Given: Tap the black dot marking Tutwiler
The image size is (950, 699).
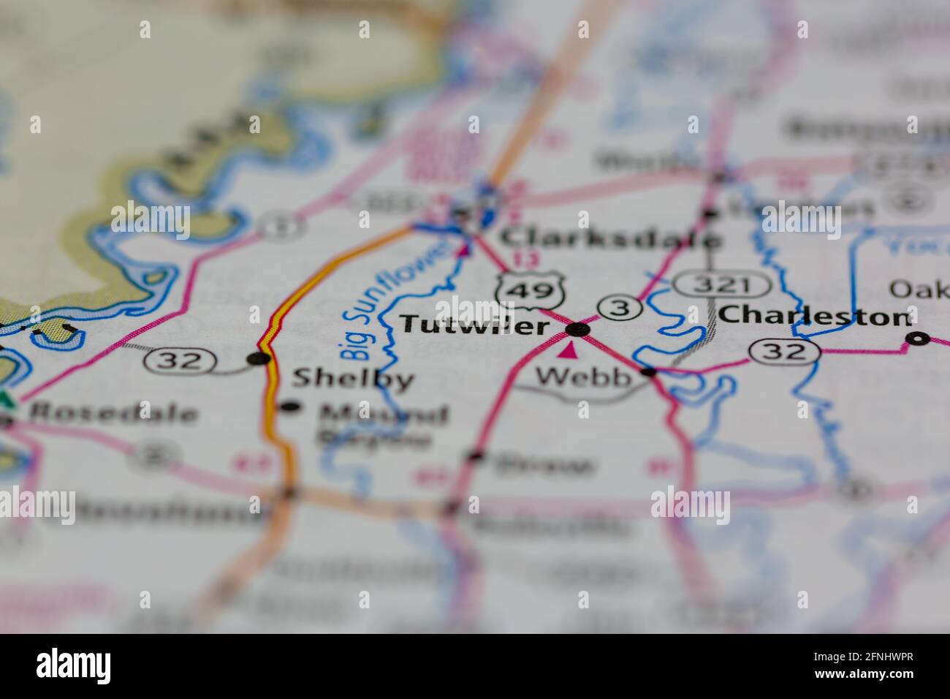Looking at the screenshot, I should [578, 329].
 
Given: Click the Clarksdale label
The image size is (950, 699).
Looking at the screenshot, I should [612, 238].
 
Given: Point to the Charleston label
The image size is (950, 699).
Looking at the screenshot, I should [815, 316].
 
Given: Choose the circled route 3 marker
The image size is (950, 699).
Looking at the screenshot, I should [620, 309].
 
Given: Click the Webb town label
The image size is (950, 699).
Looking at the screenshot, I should [583, 377].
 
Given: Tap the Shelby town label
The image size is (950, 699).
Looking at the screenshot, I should [353, 378].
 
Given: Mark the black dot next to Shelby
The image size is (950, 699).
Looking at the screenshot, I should [257, 358].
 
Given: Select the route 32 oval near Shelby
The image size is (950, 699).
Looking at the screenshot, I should [180, 360].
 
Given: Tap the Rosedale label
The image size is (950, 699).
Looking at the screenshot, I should [113, 413].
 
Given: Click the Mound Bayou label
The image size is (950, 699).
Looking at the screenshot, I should [381, 425].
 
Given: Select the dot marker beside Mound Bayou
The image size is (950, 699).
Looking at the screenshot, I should [290, 407].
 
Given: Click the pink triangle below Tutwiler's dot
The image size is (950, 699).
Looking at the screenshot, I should [568, 352].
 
